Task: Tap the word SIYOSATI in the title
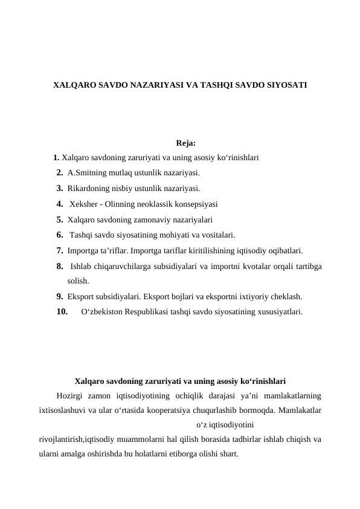(x=285, y=86)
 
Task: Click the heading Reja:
(x=185, y=143)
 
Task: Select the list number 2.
(x=60, y=173)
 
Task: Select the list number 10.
(x=61, y=313)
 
